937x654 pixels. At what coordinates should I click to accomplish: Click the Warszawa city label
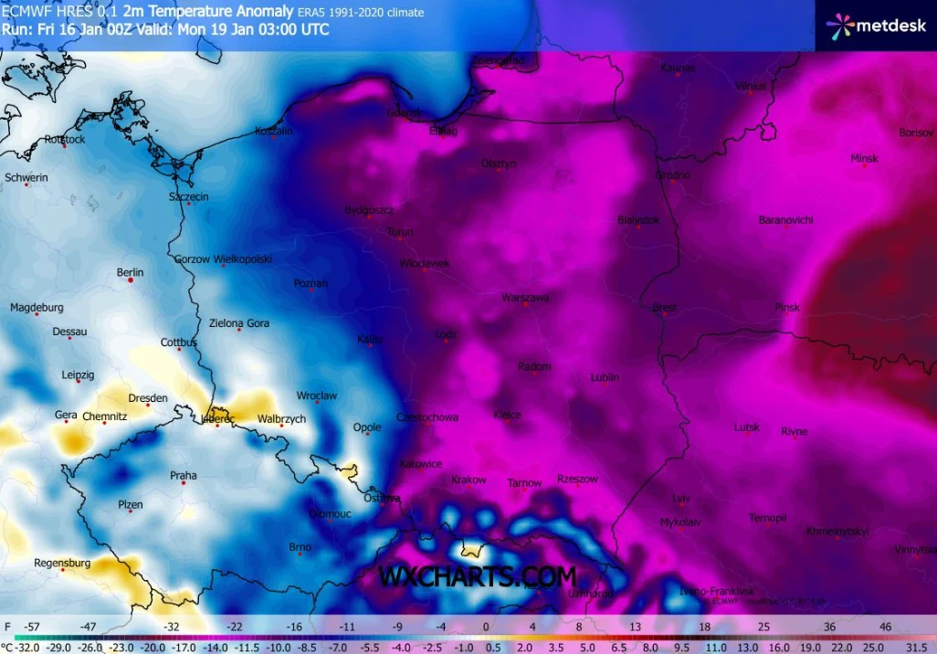[525, 298]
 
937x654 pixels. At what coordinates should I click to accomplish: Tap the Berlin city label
[131, 272]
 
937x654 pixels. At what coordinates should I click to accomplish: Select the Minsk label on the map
[864, 158]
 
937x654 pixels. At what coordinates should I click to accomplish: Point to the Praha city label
[184, 475]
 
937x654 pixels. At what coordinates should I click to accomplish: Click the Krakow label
[468, 480]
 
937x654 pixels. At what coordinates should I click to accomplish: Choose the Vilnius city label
[750, 86]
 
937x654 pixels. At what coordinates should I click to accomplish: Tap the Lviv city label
[681, 498]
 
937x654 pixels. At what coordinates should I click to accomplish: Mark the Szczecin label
[189, 196]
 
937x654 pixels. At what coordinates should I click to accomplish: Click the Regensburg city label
[62, 563]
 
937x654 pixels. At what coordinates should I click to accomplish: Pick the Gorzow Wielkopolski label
[223, 259]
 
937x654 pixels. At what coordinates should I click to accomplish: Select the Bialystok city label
[638, 220]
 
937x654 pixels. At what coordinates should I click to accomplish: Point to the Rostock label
[65, 140]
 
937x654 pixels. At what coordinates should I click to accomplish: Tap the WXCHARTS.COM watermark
[477, 577]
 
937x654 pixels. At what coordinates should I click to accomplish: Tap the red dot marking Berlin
[131, 281]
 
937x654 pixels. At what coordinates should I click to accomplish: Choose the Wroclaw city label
[317, 396]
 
